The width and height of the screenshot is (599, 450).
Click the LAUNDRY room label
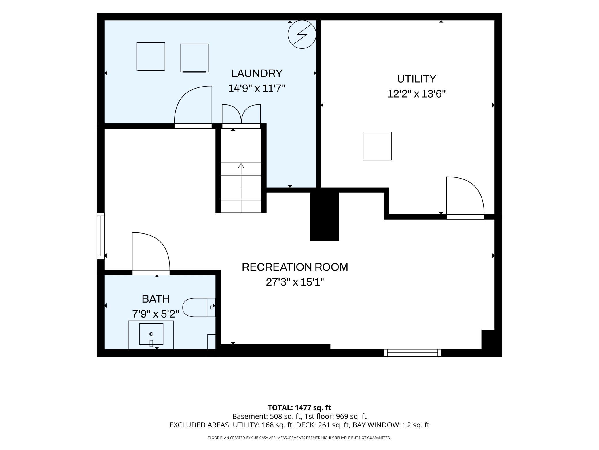(257, 74)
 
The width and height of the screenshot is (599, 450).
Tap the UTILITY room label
(416, 79)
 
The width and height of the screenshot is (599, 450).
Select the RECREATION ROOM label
(295, 267)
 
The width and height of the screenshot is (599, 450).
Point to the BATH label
(156, 299)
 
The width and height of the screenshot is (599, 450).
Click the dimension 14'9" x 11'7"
(257, 88)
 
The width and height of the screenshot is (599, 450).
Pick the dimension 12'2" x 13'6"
(416, 94)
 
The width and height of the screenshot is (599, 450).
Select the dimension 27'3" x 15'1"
(295, 282)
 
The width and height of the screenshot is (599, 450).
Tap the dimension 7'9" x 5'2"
(156, 314)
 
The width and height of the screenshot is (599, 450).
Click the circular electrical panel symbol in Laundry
(302, 34)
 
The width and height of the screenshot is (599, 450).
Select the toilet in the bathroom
(199, 307)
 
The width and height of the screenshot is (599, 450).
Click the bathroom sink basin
(151, 334)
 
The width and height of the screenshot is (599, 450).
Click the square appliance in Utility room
(377, 146)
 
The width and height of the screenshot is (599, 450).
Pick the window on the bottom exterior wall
(412, 353)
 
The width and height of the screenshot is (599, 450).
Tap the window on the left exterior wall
(101, 236)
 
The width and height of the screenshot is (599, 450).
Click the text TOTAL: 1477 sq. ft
(299, 408)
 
